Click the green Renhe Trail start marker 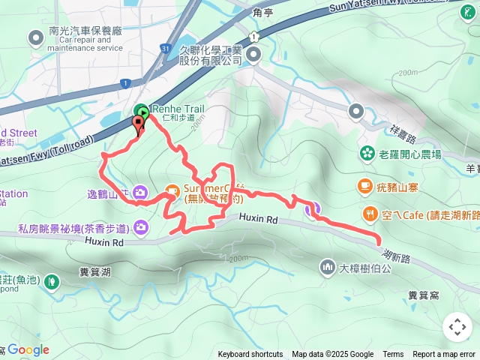(x=141, y=109)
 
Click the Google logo (x=28, y=349)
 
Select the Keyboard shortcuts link (x=250, y=355)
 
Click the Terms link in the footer (x=393, y=355)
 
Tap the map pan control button (x=457, y=327)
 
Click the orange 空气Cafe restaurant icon (x=370, y=214)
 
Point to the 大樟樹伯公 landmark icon (x=326, y=266)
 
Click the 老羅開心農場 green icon (x=367, y=154)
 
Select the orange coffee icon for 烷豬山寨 (x=364, y=184)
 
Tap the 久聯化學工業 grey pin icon (x=253, y=54)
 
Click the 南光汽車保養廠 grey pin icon (x=35, y=37)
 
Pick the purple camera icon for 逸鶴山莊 (x=140, y=192)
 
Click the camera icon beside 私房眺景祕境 (x=140, y=227)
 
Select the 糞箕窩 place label (x=424, y=295)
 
